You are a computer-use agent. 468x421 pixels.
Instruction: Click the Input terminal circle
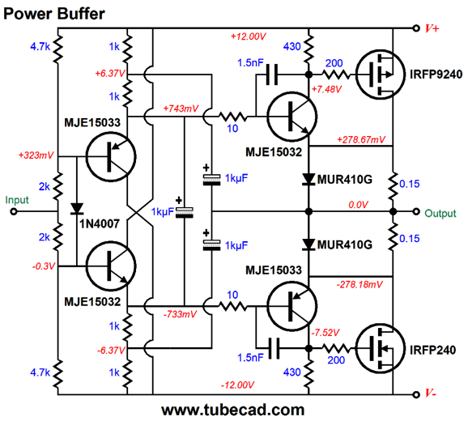click(14, 211)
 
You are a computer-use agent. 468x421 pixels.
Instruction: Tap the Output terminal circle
click(416, 211)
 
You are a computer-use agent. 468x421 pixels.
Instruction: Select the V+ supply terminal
click(416, 28)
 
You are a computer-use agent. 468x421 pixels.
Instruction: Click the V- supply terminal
click(416, 394)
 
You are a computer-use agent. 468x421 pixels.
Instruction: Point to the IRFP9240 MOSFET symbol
click(381, 74)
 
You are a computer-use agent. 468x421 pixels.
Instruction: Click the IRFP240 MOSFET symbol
click(381, 348)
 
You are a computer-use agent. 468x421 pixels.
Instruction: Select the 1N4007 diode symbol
click(77, 209)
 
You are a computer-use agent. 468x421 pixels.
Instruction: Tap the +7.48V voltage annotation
click(326, 89)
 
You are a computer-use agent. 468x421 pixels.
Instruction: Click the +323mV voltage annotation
click(36, 155)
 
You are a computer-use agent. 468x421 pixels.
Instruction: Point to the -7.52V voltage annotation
click(325, 333)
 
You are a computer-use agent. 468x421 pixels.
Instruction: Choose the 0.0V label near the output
click(358, 205)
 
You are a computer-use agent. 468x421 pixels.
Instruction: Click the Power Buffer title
click(54, 14)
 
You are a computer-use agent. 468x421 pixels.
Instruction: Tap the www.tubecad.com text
click(233, 410)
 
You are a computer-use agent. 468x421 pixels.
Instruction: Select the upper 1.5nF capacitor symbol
click(271, 74)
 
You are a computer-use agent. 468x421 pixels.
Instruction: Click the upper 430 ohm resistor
click(309, 49)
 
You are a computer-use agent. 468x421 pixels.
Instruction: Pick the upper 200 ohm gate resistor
click(336, 74)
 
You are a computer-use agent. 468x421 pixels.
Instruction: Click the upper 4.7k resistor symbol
click(58, 49)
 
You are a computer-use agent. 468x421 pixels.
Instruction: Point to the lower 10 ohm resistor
click(233, 306)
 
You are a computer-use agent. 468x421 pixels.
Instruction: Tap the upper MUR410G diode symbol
click(309, 179)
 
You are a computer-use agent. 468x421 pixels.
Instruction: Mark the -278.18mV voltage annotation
click(360, 284)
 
